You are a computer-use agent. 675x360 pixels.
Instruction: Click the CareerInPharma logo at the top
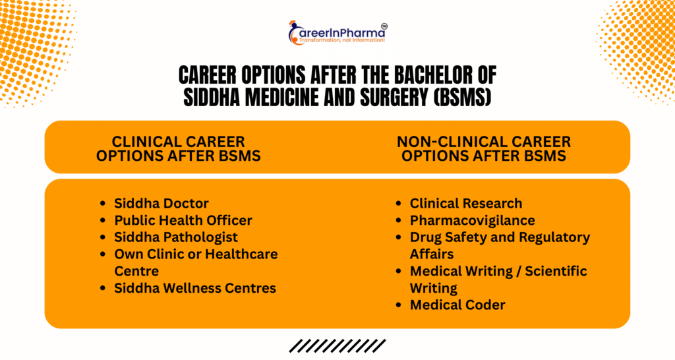point(338,32)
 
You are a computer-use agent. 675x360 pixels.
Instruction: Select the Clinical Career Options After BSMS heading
point(178,148)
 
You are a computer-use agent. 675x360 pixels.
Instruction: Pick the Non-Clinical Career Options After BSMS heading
point(484,148)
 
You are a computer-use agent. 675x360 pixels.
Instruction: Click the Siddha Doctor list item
point(161,203)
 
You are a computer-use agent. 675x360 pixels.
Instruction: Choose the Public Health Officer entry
point(183,220)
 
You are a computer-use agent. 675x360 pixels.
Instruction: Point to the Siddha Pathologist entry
point(176,237)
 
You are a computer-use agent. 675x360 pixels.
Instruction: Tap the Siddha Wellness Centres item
point(195,288)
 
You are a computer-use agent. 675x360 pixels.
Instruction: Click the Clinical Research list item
point(466,203)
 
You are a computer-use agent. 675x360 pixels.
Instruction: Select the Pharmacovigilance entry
point(472,220)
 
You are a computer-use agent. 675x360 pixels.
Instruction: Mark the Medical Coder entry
point(457,305)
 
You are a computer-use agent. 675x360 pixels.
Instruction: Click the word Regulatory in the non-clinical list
point(554,237)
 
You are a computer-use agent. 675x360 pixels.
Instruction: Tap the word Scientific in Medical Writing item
point(556,271)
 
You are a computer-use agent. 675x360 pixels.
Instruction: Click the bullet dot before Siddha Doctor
point(102,203)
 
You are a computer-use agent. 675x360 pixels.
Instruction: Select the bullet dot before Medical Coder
point(398,305)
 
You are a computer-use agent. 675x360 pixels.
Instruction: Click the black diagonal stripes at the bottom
point(337,345)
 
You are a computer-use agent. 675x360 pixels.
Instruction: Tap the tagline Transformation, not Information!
point(342,40)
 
